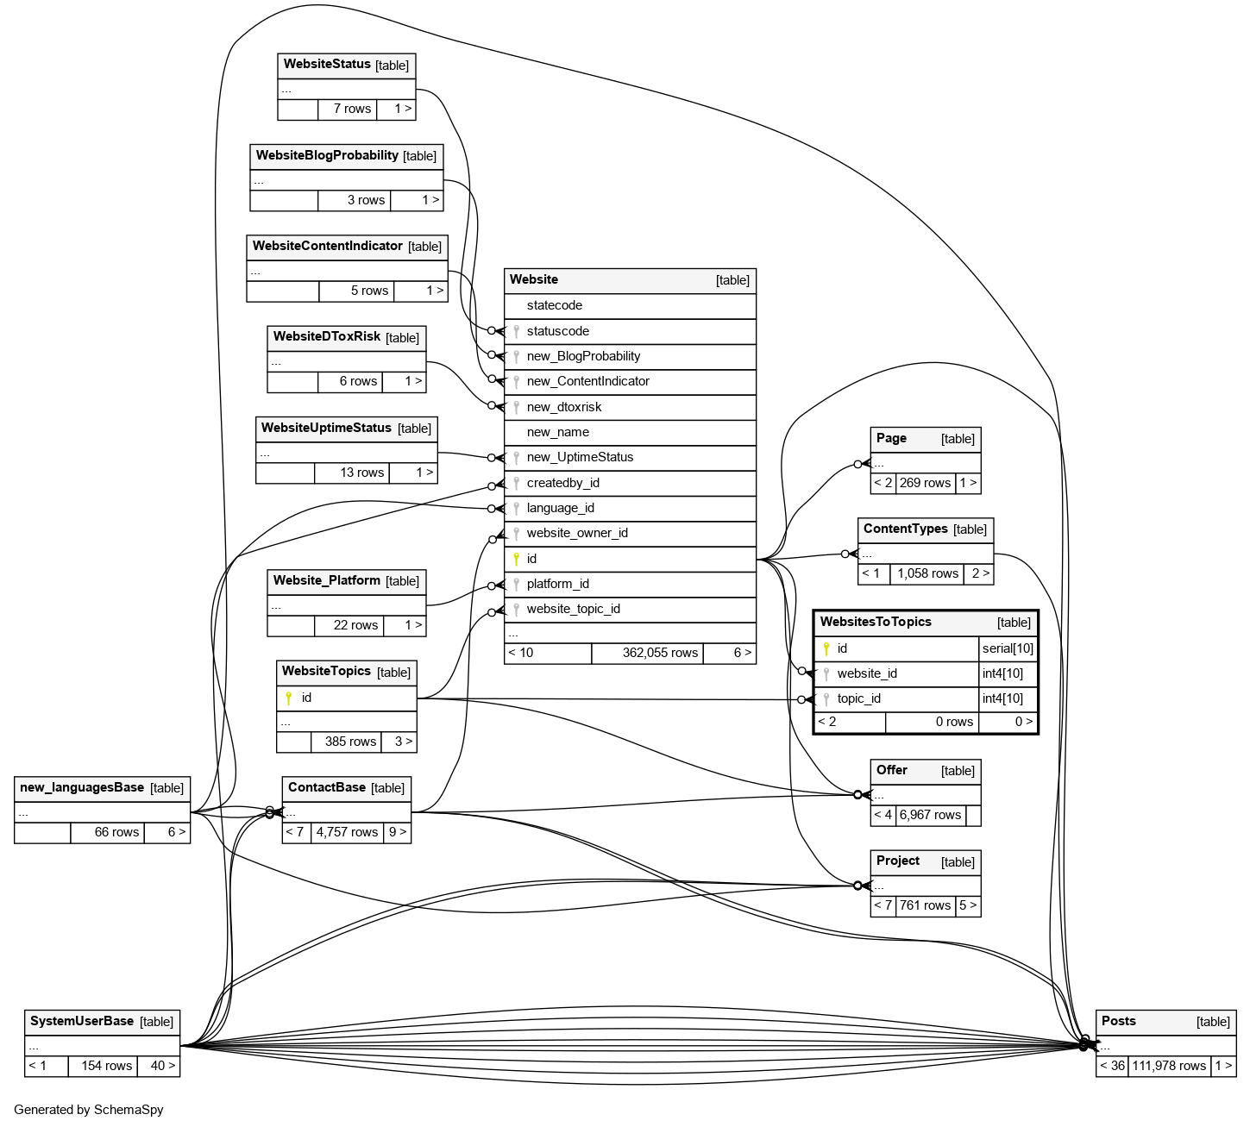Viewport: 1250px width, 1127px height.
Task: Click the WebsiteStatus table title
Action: pos(327,65)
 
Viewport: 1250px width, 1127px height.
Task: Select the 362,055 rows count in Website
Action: pos(660,653)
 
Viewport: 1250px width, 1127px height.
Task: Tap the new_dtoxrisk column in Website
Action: pos(564,407)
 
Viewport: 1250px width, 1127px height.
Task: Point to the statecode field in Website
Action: pos(555,305)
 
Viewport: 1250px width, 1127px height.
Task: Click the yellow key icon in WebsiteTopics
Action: pos(289,698)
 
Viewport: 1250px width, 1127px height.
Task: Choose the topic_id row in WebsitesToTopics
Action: pos(858,698)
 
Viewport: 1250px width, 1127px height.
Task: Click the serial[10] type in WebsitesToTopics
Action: pos(1008,648)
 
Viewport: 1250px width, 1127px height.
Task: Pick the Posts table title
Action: pos(1119,1021)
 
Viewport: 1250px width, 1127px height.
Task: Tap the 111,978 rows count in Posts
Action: pos(1169,1066)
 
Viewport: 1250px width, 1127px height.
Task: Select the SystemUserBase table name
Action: pos(82,1021)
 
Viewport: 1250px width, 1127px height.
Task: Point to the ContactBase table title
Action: pos(327,787)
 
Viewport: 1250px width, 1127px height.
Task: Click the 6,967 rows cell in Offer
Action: pos(930,815)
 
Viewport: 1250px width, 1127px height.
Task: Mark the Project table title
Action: pos(898,861)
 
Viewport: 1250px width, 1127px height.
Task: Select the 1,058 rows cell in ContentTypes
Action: pos(927,573)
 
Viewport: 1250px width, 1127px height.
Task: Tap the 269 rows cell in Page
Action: pos(925,483)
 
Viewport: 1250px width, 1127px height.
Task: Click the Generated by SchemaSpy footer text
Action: pos(89,1110)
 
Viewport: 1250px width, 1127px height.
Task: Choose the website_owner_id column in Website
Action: pos(577,533)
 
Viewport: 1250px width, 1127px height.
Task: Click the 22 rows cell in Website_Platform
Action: pos(355,625)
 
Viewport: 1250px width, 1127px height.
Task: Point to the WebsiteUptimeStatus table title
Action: pos(326,428)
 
